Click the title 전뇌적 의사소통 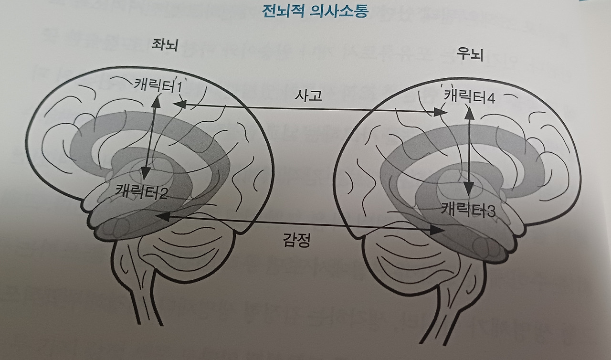[315, 11]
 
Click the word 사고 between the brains [309, 96]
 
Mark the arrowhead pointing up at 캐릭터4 [470, 113]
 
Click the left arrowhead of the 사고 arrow [180, 104]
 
